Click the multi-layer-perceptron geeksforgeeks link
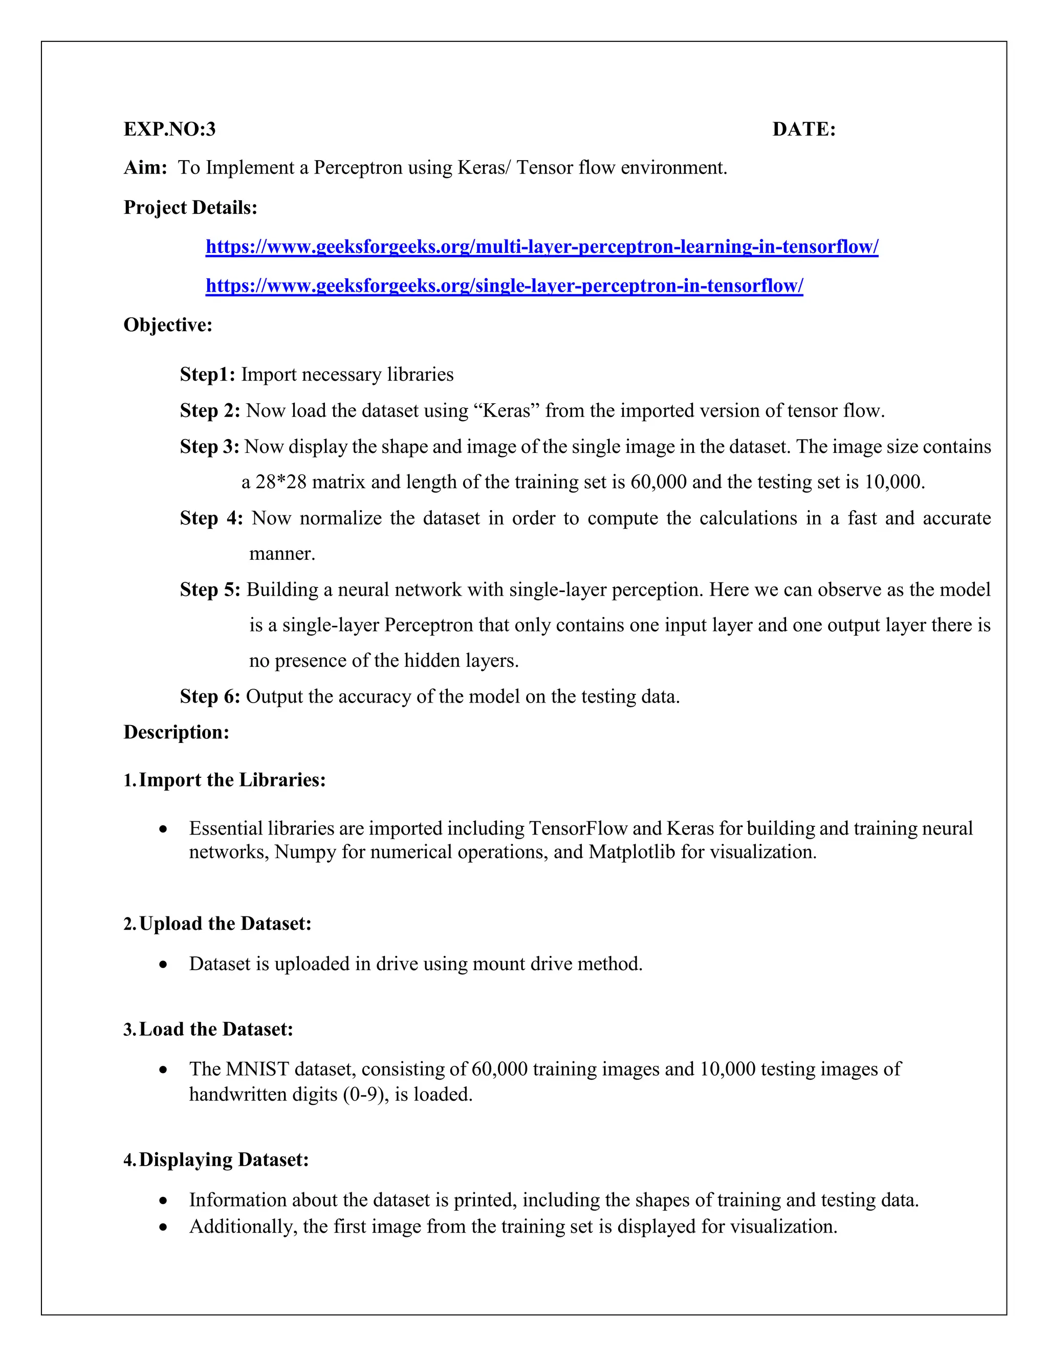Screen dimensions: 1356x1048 point(541,247)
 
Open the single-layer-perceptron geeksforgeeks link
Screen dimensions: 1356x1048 point(504,286)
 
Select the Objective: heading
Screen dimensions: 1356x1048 point(168,325)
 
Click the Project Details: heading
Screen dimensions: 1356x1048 point(190,207)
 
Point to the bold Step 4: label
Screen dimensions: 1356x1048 point(211,518)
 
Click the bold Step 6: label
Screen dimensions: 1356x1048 point(210,696)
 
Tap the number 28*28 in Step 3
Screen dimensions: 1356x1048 point(280,482)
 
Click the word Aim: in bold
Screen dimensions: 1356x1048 point(145,168)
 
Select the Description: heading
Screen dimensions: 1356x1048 point(177,732)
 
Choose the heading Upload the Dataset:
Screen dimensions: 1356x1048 point(225,923)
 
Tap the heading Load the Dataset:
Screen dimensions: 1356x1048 point(215,1029)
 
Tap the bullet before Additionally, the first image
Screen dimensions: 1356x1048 point(163,1227)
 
